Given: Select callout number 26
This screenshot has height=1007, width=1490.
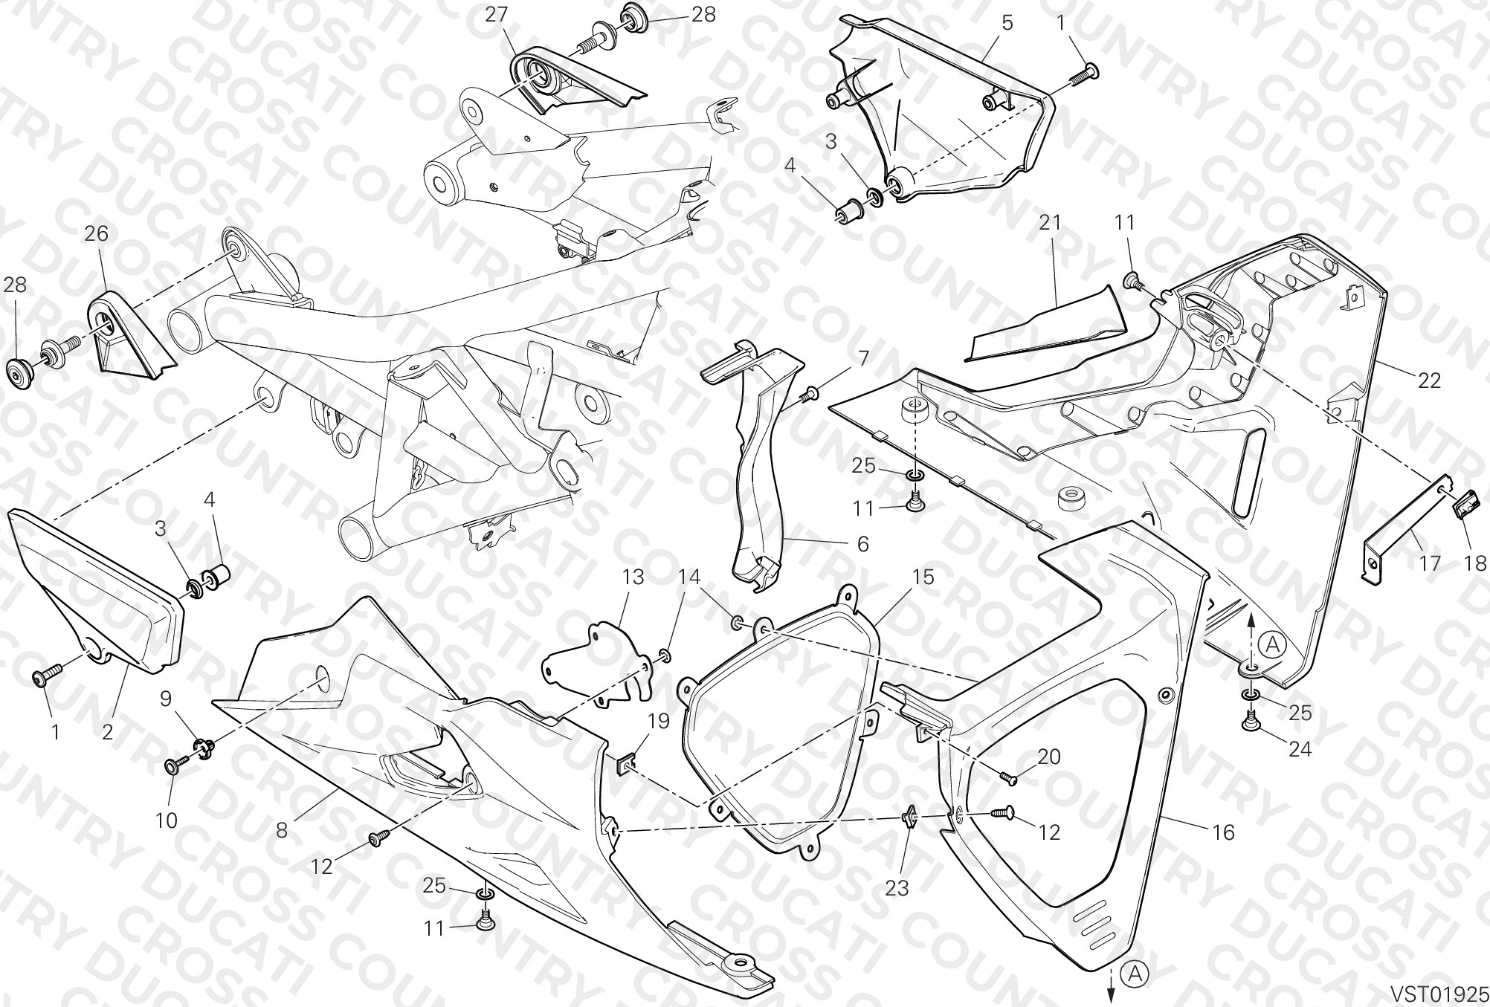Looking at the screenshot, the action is pyautogui.click(x=97, y=234).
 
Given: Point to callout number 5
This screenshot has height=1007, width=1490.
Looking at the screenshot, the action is pyautogui.click(x=1007, y=22).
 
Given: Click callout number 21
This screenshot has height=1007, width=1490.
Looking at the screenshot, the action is pyautogui.click(x=1051, y=223).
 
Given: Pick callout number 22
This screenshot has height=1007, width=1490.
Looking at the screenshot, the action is pyautogui.click(x=1429, y=381).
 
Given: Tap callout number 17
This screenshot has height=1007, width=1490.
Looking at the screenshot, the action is pyautogui.click(x=1430, y=564).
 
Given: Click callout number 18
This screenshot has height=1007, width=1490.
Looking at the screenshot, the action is pyautogui.click(x=1476, y=564).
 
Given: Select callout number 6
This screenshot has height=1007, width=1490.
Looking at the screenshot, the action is pyautogui.click(x=863, y=544).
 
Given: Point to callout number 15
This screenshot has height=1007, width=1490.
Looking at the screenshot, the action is pyautogui.click(x=923, y=577).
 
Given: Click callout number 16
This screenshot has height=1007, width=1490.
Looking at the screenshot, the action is pyautogui.click(x=1224, y=832).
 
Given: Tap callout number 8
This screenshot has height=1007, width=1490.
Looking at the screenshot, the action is pyautogui.click(x=282, y=830).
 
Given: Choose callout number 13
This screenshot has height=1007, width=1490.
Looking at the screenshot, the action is pyautogui.click(x=633, y=577).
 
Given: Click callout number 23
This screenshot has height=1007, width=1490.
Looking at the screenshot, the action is pyautogui.click(x=897, y=889).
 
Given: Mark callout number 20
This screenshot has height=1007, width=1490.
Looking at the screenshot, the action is pyautogui.click(x=1049, y=757).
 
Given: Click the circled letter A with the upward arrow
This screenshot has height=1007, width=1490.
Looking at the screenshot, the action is pyautogui.click(x=1272, y=646).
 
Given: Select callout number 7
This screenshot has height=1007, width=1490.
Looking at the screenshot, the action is pyautogui.click(x=863, y=358).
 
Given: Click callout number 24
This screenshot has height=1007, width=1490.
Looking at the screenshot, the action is pyautogui.click(x=1300, y=751).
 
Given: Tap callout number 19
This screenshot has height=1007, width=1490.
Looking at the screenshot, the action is pyautogui.click(x=659, y=721).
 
